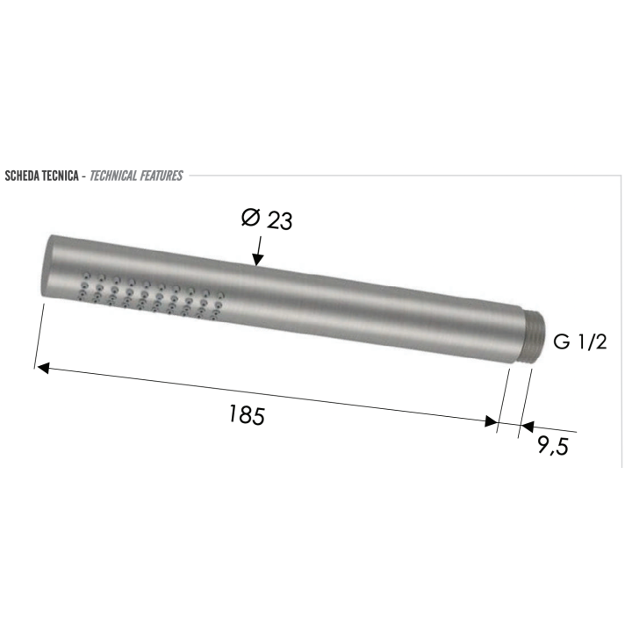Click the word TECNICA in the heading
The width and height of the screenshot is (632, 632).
[x=58, y=176]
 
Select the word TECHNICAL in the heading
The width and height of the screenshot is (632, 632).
[x=118, y=176]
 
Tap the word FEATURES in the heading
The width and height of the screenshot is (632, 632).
[x=163, y=176]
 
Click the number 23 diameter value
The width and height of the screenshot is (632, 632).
[x=279, y=220]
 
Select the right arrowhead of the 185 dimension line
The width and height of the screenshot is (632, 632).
[x=491, y=423]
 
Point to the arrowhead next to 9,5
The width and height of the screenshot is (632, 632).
[x=527, y=427]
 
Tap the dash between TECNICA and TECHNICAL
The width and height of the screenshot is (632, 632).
[x=83, y=176]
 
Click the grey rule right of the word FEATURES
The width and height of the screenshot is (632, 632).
[x=395, y=176]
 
